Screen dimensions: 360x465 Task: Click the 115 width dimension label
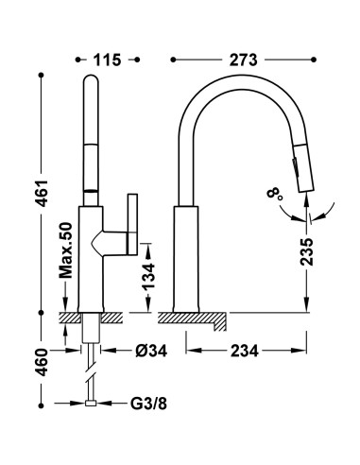point(107,60)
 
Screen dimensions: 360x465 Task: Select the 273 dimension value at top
point(243,60)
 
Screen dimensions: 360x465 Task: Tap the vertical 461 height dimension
point(42,194)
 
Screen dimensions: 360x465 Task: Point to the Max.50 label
point(65,250)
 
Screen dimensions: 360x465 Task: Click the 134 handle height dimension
point(148,276)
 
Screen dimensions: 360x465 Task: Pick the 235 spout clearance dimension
point(306,251)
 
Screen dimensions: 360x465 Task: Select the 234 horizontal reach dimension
point(245,351)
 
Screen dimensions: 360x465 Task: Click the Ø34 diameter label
point(151,351)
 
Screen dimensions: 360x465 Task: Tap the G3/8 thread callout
point(148,404)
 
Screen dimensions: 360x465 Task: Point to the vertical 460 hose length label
point(42,362)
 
